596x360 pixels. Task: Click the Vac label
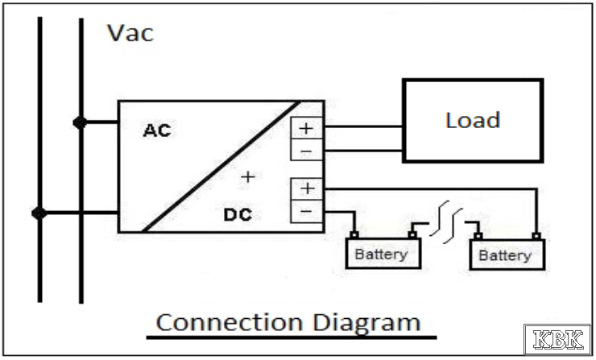pos(130,34)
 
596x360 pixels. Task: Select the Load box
pos(472,121)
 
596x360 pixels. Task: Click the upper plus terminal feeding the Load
pos(307,127)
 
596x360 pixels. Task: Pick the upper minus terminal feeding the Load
pos(307,151)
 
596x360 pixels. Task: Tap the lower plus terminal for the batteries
pos(307,189)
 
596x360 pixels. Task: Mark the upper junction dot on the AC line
pos(80,122)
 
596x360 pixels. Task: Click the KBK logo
pos(557,338)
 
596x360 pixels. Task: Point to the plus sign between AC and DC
pos(248,176)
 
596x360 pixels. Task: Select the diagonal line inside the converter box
pos(221,168)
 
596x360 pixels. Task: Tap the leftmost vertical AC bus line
pos(39,161)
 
